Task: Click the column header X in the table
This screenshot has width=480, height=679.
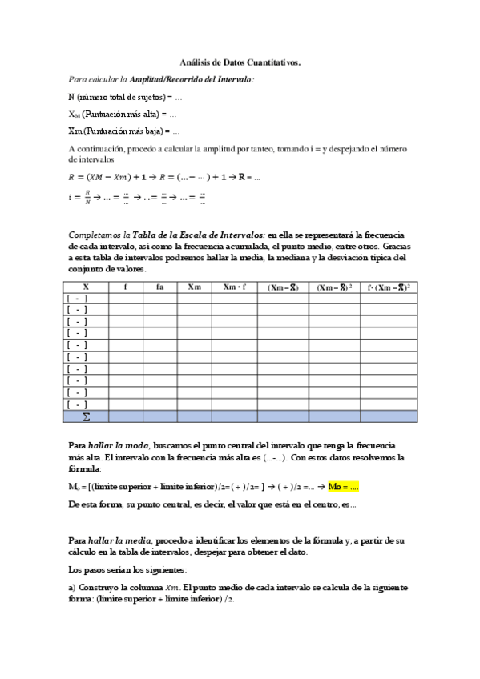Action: point(86,286)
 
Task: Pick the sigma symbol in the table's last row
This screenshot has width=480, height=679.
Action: point(86,416)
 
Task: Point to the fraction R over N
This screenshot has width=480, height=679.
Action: point(89,195)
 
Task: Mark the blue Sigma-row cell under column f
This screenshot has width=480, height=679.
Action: point(125,416)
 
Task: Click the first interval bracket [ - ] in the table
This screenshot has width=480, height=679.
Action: point(78,298)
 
